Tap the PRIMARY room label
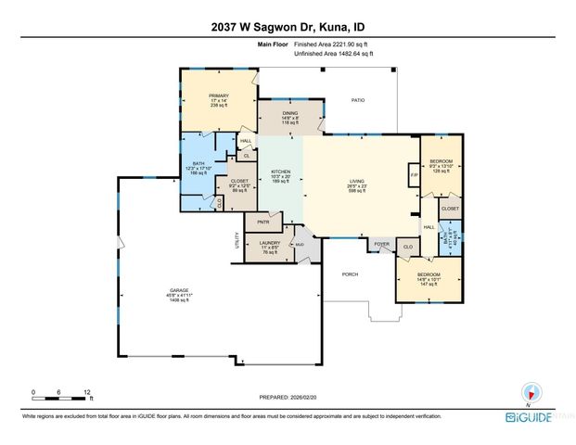tap(219, 96)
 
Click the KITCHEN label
tap(281, 172)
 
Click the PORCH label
tap(350, 273)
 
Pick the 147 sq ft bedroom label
tap(428, 276)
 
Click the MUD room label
tap(300, 244)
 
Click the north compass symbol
tap(531, 391)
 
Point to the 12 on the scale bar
tap(86, 390)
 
